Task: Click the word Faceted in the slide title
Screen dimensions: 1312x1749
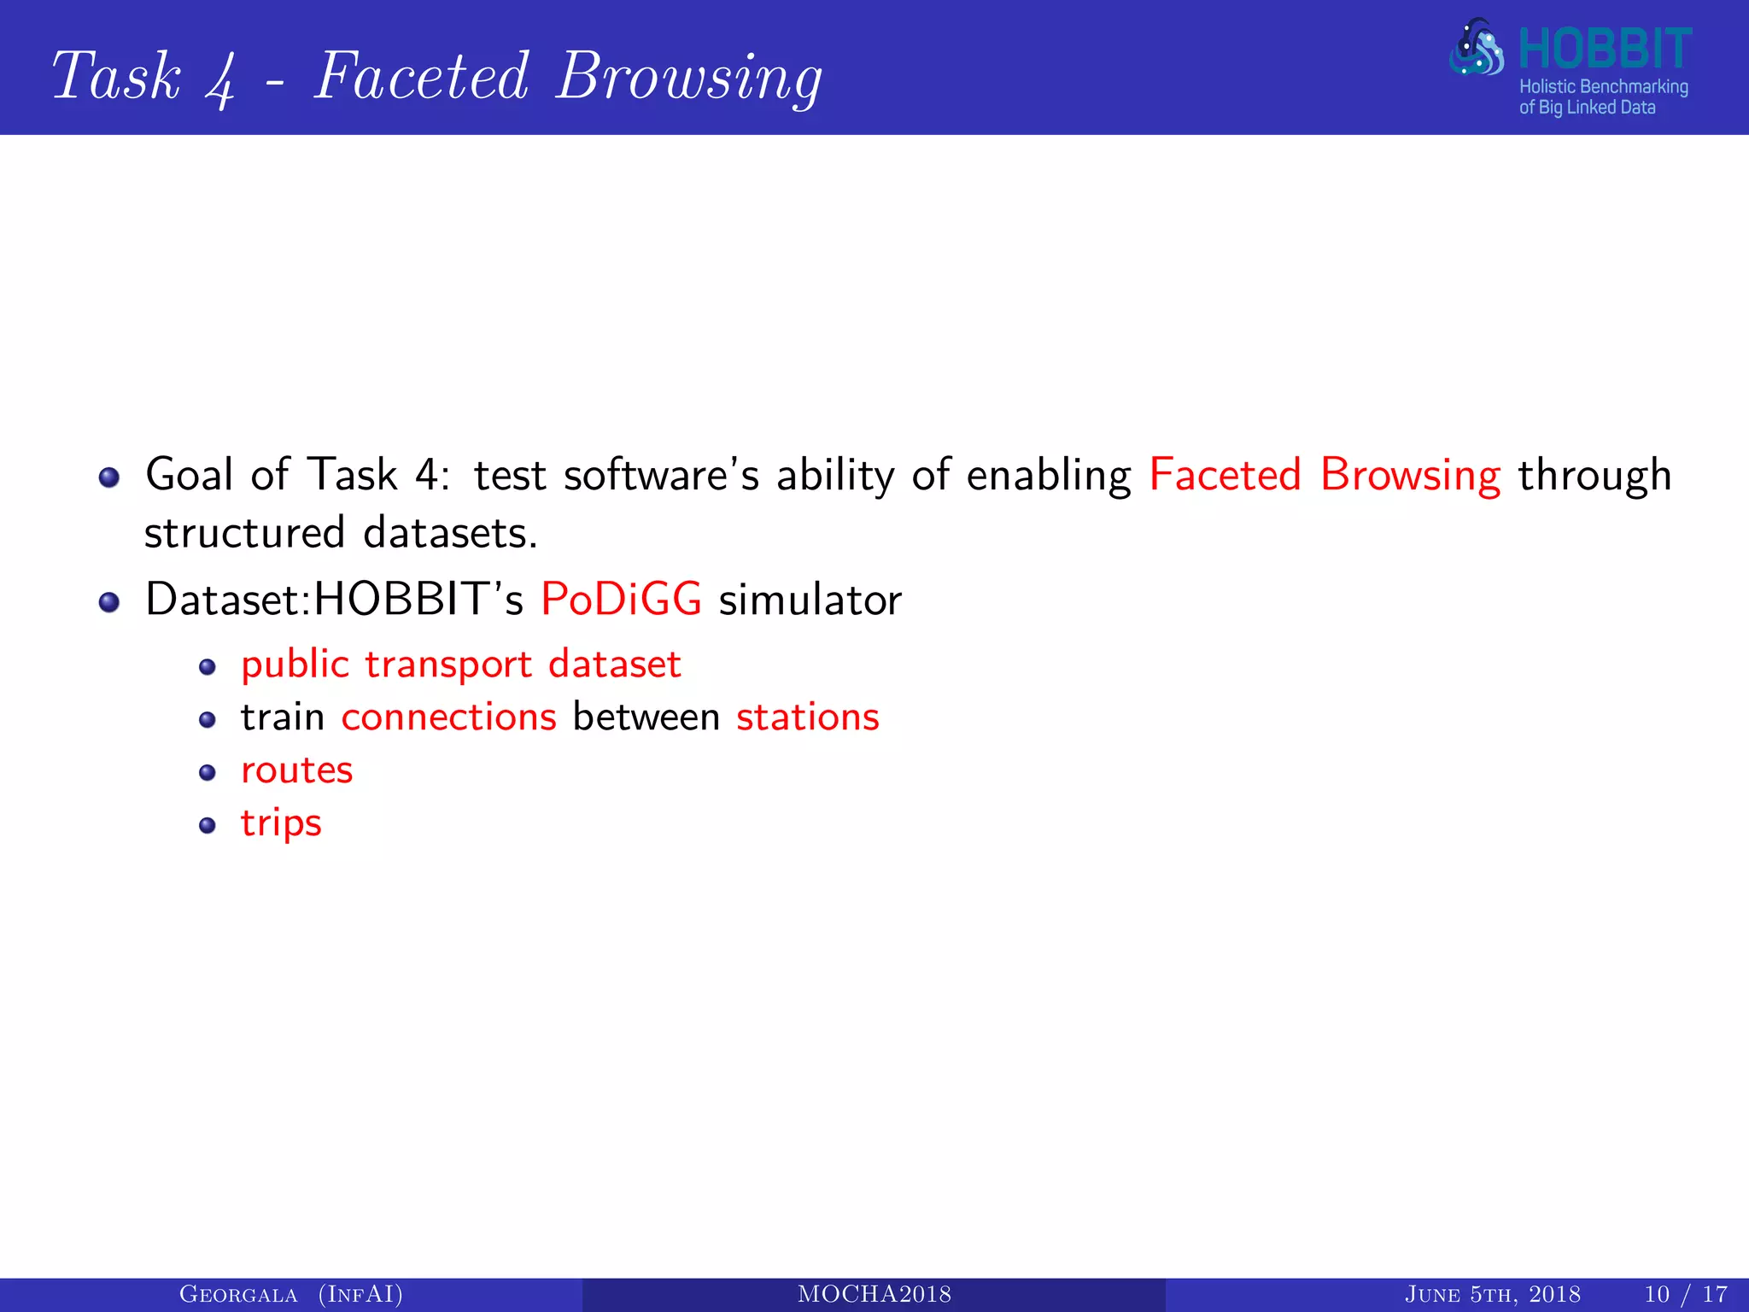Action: [422, 77]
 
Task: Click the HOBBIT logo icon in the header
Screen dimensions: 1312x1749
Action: [1477, 48]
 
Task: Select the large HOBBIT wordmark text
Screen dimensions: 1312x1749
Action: [1604, 49]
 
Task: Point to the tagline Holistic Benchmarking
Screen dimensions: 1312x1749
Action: [1603, 86]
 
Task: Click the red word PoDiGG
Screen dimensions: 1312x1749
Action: [621, 599]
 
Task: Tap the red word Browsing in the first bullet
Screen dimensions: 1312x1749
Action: [1410, 475]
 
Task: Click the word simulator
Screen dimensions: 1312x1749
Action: [810, 600]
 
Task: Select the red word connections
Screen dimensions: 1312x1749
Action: [448, 717]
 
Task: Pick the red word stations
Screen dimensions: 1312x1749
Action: [807, 717]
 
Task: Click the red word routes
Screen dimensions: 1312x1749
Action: [296, 770]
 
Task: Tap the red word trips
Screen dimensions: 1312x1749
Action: [281, 823]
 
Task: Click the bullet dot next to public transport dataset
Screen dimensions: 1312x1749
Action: [207, 667]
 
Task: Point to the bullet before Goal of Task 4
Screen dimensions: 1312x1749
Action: [108, 477]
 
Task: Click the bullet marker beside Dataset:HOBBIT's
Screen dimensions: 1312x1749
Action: [108, 602]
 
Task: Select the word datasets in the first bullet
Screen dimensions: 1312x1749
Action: [450, 534]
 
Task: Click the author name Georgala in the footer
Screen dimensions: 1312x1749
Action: [238, 1295]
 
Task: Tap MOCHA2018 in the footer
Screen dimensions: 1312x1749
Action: [874, 1295]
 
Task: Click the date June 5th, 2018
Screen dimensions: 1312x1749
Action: [1492, 1295]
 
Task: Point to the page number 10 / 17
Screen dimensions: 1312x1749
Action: [1685, 1295]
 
